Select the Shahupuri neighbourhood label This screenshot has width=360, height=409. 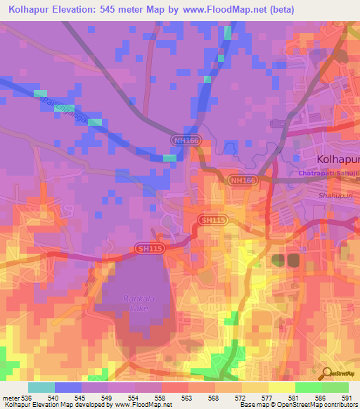[x=333, y=196]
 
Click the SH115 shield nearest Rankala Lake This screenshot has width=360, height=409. [x=149, y=249]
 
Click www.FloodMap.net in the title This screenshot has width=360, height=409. [x=221, y=10]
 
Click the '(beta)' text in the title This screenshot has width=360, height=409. [x=279, y=10]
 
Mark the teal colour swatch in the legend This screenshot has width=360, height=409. [x=41, y=387]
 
